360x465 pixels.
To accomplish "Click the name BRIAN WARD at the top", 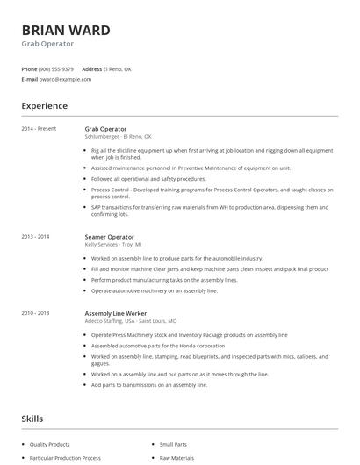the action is (x=66, y=31).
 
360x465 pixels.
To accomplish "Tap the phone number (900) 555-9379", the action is (x=56, y=68).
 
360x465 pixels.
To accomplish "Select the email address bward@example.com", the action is (x=65, y=79).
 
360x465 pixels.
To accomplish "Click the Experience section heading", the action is (x=45, y=106).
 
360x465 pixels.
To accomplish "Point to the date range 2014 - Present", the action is (x=40, y=129).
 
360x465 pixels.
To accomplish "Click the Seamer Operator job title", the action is (x=110, y=237).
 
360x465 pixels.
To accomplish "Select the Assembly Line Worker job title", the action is (x=116, y=313).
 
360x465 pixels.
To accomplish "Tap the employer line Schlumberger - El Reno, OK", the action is (x=119, y=136).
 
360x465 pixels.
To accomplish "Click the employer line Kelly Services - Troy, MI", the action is (x=113, y=244).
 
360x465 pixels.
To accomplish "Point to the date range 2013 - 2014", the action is (x=36, y=237).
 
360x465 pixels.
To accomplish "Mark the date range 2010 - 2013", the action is (x=36, y=313).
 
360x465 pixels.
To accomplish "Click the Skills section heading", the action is (x=32, y=418).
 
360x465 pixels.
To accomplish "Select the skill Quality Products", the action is (x=50, y=444).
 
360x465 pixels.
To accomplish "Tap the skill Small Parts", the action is (x=172, y=444).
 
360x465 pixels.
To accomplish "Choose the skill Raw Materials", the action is (x=176, y=458).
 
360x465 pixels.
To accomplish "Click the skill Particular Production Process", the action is (x=65, y=458).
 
